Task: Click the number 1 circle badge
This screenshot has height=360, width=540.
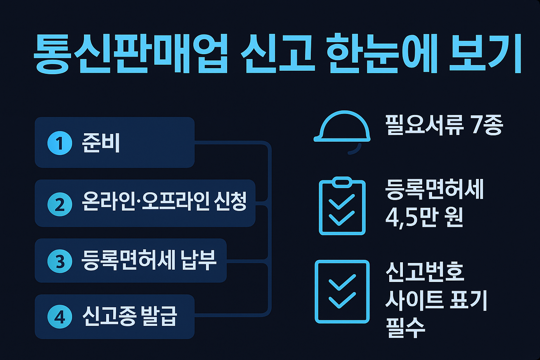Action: [60, 143]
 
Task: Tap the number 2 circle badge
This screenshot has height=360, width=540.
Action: [60, 204]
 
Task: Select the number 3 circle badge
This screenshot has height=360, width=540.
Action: [60, 261]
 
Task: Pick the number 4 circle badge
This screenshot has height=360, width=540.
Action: [60, 317]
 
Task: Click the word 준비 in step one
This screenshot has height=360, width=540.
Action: [101, 143]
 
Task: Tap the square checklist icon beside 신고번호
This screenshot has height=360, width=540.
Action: [342, 291]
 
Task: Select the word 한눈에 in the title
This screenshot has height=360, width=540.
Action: [381, 53]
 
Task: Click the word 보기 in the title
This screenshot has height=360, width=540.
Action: [485, 53]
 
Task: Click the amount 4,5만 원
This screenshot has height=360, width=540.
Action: [424, 217]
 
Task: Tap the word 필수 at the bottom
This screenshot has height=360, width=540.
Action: [405, 328]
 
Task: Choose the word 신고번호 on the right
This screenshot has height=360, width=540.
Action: [425, 272]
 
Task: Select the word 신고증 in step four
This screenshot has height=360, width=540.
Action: [109, 316]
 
